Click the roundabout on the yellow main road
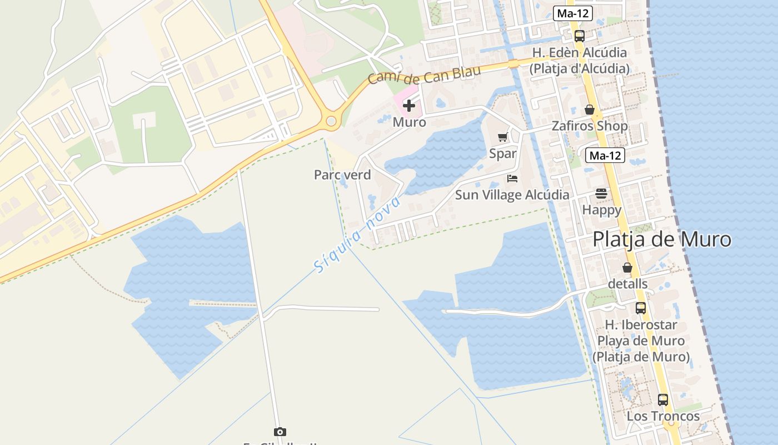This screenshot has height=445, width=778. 331,121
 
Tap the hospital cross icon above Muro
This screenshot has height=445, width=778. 409,105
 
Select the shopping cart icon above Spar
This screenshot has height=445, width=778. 503,137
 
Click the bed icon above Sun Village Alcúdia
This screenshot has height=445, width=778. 512,179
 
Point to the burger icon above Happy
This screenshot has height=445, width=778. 601,194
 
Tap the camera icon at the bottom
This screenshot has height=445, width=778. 280,432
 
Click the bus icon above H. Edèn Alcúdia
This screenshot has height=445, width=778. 580,36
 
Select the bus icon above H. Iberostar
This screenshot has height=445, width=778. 641,308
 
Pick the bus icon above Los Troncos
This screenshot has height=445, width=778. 663,399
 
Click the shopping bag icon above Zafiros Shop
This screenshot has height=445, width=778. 590,110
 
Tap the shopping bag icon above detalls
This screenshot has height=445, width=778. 627,268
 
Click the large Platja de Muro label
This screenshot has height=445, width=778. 662,240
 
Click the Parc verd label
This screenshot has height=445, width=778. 342,175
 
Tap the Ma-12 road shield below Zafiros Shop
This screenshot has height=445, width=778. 605,156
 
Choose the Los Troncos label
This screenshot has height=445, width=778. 663,416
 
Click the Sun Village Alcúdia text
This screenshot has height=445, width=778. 512,195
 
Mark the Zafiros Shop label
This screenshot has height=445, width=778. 590,126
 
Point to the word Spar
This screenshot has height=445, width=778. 503,154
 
